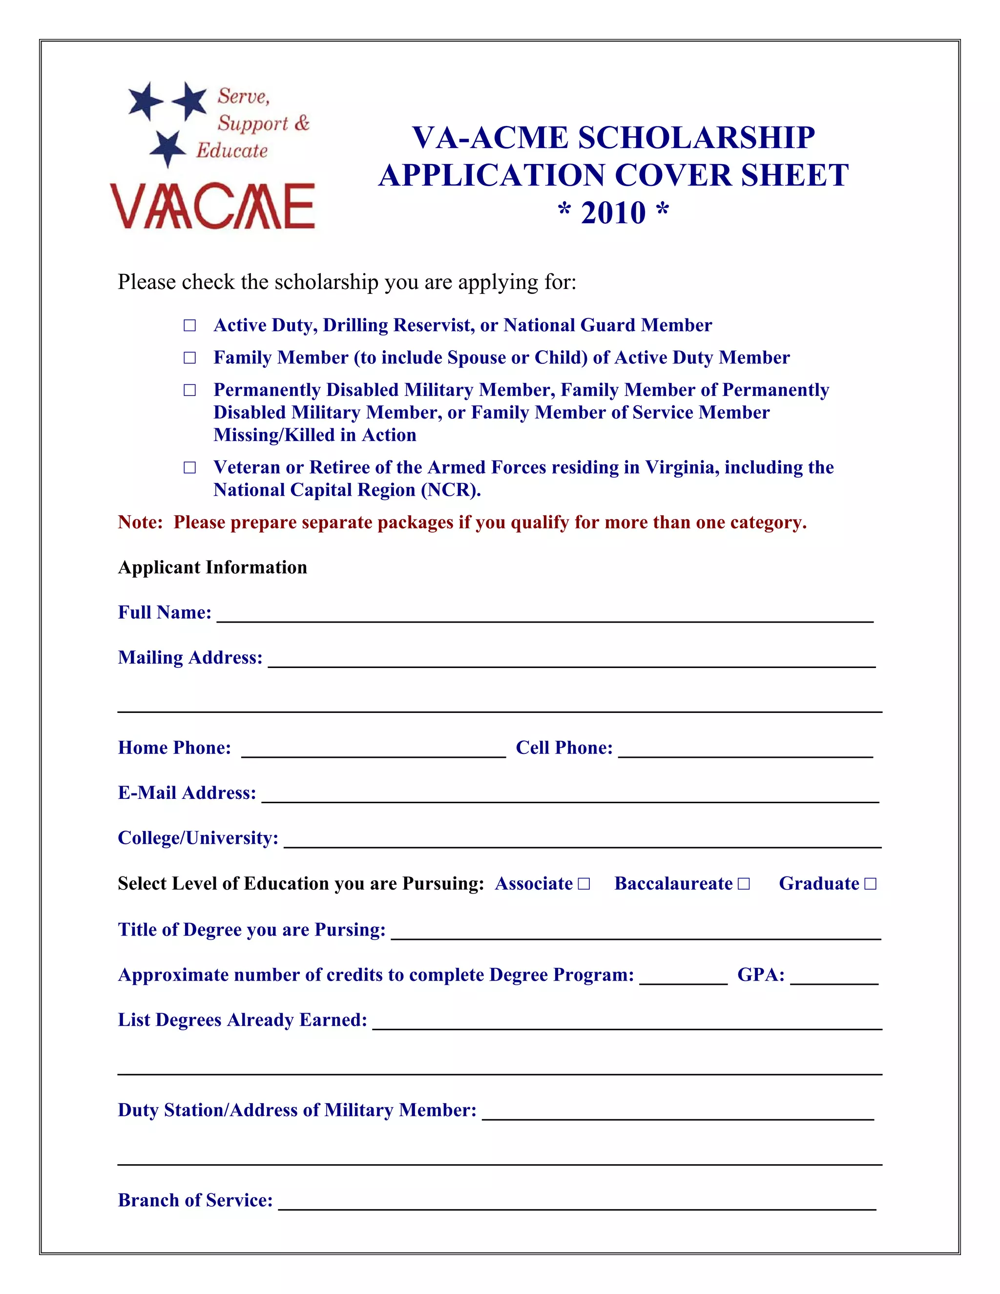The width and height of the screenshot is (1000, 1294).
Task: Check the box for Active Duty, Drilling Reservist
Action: tap(189, 325)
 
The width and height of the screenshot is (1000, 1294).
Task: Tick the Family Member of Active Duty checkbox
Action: tap(189, 358)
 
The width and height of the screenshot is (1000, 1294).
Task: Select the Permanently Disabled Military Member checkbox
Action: tap(189, 390)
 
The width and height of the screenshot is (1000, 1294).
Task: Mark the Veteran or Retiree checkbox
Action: tap(189, 467)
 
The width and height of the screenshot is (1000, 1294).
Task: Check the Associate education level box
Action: tap(584, 884)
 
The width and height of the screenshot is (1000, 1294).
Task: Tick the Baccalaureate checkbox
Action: tap(744, 884)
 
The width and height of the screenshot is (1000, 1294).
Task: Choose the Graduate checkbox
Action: tap(870, 884)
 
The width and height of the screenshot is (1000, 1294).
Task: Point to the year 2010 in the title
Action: tap(613, 213)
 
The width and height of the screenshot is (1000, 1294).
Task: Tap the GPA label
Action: tap(761, 975)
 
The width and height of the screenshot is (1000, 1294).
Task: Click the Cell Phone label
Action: tap(564, 748)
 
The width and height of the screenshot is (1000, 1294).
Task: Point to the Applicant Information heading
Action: tap(212, 567)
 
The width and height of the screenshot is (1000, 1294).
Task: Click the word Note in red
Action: tap(139, 522)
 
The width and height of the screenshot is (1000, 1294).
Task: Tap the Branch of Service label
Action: tap(195, 1200)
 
